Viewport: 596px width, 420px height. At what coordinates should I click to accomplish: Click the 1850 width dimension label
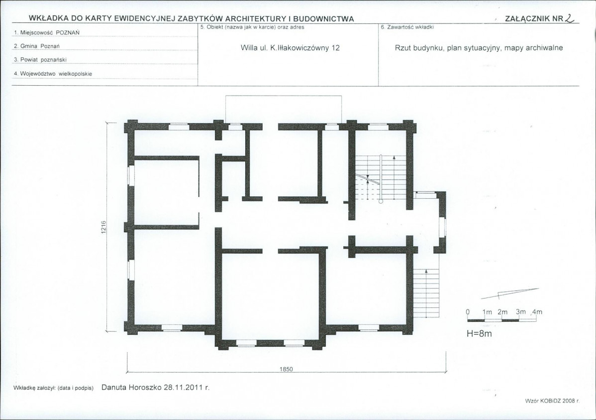click(x=286, y=369)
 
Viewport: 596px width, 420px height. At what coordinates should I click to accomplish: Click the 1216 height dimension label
click(x=104, y=227)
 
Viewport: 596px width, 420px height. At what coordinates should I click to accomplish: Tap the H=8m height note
click(x=479, y=334)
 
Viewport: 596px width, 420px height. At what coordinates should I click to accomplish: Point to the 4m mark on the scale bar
click(x=537, y=312)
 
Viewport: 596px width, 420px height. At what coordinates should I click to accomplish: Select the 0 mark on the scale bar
click(x=468, y=312)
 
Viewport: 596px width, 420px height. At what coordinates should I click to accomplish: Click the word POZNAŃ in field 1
click(x=68, y=33)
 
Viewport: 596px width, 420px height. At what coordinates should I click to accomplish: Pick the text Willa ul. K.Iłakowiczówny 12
click(x=290, y=48)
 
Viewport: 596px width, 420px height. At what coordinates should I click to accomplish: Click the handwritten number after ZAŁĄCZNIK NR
click(x=570, y=18)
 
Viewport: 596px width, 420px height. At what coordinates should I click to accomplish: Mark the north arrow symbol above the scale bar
click(x=510, y=293)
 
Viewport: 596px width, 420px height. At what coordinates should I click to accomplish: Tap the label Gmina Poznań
click(x=36, y=46)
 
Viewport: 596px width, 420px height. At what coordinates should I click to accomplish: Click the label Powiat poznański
click(x=40, y=60)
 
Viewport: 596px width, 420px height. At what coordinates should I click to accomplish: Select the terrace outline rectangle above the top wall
click(x=284, y=96)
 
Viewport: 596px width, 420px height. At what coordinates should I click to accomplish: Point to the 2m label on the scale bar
click(x=502, y=312)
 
